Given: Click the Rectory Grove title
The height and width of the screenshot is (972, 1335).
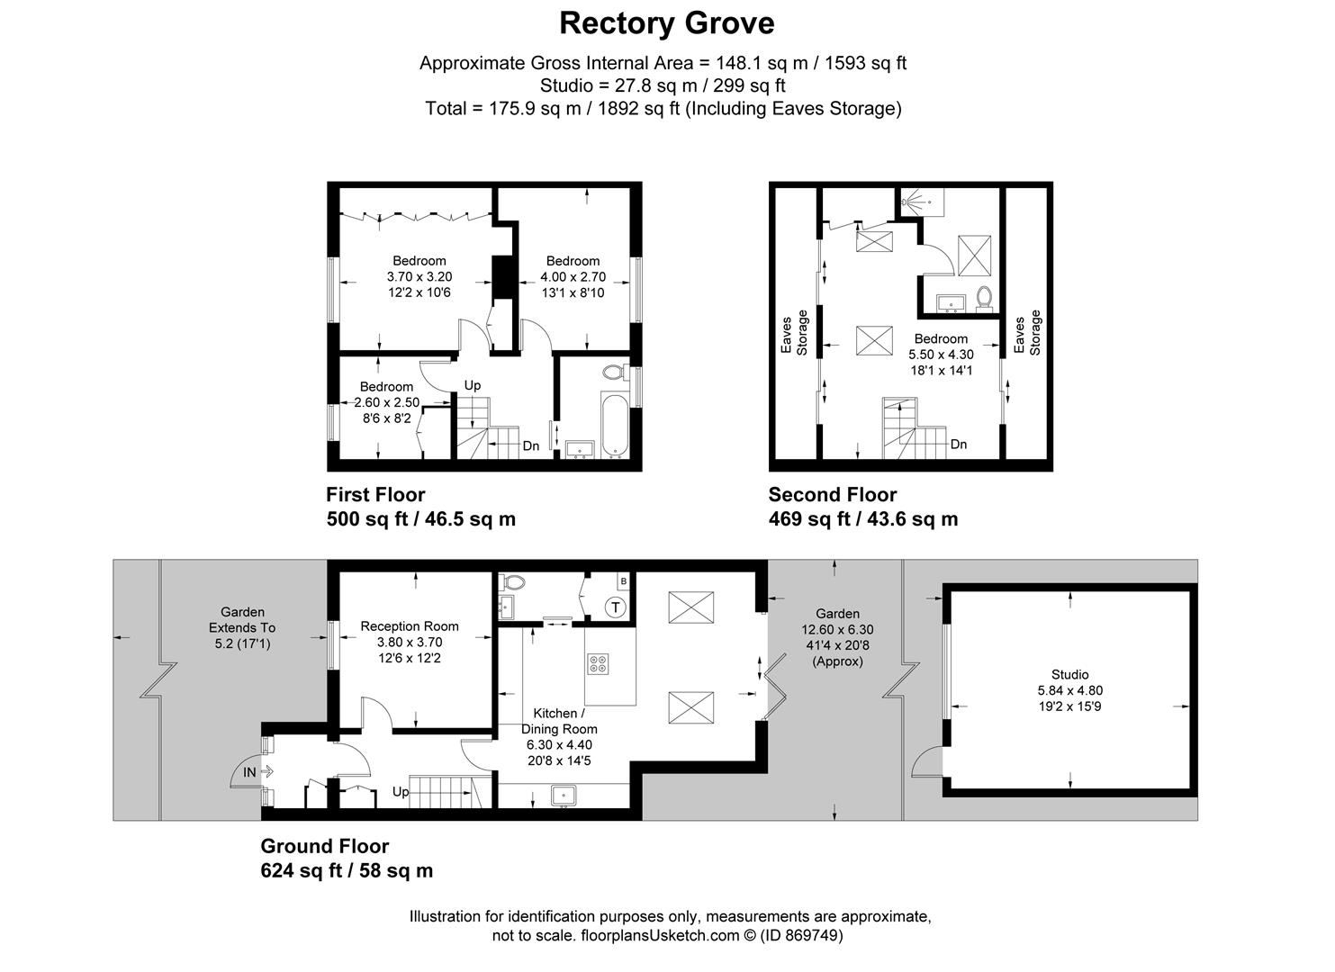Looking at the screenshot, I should click(666, 22).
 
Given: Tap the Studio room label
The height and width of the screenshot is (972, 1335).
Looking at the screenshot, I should click(1069, 674).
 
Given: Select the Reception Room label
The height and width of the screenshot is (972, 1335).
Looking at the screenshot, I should click(410, 626).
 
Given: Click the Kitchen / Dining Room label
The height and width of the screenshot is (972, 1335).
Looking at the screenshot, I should click(559, 721).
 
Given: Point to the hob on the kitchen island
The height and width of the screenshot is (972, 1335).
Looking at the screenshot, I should click(598, 664).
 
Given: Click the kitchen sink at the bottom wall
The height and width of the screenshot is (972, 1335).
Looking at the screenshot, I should click(564, 795).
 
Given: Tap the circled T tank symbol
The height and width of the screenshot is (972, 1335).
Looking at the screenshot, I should click(616, 607).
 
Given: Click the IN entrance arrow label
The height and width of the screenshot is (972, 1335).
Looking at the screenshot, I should click(249, 772).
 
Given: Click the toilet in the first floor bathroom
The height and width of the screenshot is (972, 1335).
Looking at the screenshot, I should click(616, 371).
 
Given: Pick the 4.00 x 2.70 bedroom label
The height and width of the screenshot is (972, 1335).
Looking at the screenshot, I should click(573, 276).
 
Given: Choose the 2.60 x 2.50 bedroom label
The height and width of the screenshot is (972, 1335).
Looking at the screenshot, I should click(386, 402).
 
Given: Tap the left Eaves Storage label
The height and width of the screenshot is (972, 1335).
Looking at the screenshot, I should click(794, 334).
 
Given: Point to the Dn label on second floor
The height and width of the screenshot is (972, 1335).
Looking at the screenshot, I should click(959, 445).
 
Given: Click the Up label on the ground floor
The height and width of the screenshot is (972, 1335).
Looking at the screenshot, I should click(401, 792).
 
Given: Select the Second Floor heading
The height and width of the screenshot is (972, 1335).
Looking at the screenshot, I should click(832, 495).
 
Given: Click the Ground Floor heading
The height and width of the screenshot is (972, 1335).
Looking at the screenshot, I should click(324, 846).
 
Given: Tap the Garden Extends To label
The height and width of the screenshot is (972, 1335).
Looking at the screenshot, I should click(242, 627).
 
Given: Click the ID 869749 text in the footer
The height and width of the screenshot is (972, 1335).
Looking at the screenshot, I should click(801, 936).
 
